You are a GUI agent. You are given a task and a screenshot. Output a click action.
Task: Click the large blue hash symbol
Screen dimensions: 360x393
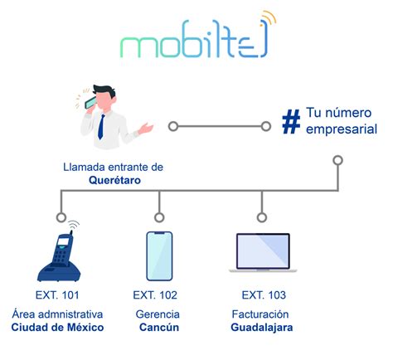(290, 122)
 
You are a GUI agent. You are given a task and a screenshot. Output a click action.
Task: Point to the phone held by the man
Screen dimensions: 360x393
(90, 103)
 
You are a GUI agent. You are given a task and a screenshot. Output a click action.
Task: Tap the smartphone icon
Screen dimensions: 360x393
(159, 255)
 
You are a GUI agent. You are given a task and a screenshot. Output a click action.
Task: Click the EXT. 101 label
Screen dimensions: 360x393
(57, 295)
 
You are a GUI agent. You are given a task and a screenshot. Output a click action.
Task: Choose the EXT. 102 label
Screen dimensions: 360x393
(156, 295)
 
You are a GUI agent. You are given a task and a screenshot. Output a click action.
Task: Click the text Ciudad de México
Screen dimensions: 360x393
(57, 328)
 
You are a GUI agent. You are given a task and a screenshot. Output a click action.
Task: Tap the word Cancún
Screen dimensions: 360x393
(156, 328)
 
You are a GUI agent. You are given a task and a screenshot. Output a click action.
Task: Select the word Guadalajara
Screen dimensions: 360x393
(262, 328)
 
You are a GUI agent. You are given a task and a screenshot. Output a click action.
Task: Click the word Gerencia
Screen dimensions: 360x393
(157, 314)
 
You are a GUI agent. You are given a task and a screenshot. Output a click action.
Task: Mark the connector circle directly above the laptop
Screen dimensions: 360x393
(263, 217)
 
